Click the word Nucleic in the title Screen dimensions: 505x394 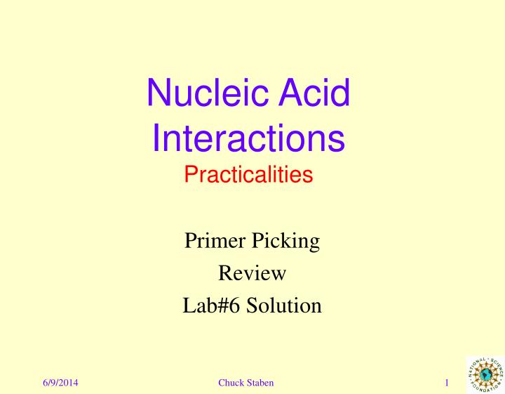point(208,92)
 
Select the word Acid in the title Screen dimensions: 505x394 point(314,92)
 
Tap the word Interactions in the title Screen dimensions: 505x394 point(248,138)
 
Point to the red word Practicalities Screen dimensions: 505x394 point(248,174)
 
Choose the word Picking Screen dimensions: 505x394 point(285,242)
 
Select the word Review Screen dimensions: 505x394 point(252,273)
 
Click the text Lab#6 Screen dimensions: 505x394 point(211,305)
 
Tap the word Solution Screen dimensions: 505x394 point(284,305)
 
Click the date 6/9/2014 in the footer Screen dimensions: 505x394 point(60,383)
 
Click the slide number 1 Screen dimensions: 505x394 point(447,383)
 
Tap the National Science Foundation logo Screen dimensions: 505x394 point(485,374)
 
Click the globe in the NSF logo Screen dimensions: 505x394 point(485,374)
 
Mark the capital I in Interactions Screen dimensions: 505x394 point(156,138)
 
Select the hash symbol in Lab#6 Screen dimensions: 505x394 point(222,305)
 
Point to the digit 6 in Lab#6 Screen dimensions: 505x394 point(234,305)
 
